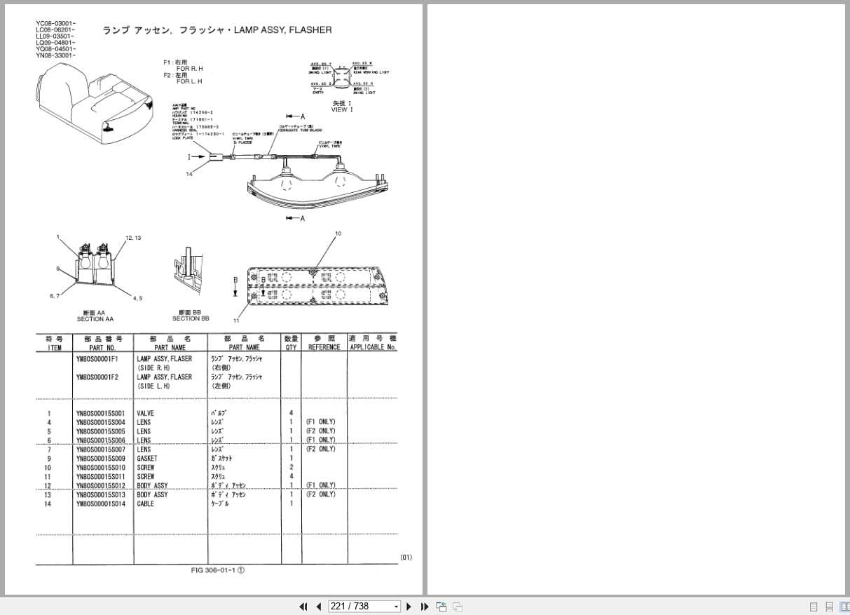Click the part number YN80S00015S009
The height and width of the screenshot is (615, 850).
pos(100,459)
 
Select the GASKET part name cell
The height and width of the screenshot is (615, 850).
pos(146,459)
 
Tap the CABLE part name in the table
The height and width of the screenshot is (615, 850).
pos(145,504)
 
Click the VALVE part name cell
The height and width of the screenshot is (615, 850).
pos(145,413)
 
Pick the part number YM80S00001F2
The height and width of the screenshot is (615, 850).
pos(97,377)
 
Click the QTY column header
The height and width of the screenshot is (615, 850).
pos(291,347)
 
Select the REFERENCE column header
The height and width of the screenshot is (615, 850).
pos(324,347)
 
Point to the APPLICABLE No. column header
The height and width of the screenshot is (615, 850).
pos(372,347)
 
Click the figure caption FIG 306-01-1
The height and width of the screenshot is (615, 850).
pos(217,570)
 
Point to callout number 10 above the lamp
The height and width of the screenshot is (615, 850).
pos(338,234)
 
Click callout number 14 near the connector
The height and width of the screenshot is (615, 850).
pos(189,174)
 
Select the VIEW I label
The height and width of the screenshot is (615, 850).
pos(342,110)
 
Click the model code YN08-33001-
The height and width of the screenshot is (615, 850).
pos(56,55)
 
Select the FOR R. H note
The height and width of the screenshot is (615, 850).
pos(189,69)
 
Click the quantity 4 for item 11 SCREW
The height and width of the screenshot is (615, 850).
pos(291,477)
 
